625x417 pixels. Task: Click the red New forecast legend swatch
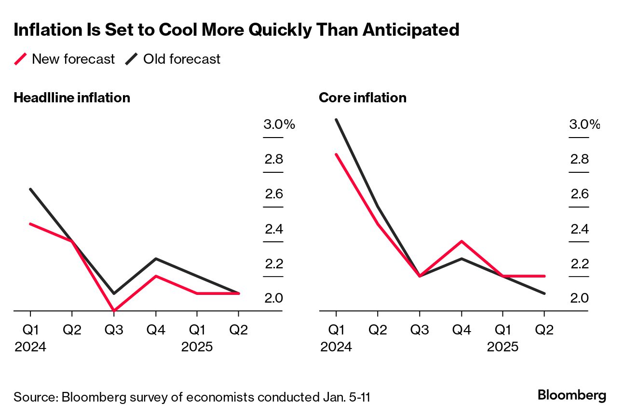pyautogui.click(x=21, y=59)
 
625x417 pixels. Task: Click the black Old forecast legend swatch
pyautogui.click(x=132, y=59)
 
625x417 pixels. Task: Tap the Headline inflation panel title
pyautogui.click(x=72, y=97)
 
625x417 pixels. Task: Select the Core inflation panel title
pyautogui.click(x=362, y=97)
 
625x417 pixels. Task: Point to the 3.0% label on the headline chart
pyautogui.click(x=279, y=125)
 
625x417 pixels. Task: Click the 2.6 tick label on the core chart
pyautogui.click(x=579, y=194)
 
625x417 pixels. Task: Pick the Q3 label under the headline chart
pyautogui.click(x=114, y=330)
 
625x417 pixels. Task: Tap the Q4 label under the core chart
pyautogui.click(x=462, y=330)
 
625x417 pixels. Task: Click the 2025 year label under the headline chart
pyautogui.click(x=197, y=347)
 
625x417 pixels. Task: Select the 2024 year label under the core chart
pyautogui.click(x=336, y=347)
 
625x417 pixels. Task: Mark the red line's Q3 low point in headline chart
pyautogui.click(x=114, y=310)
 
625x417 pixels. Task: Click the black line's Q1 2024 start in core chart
pyautogui.click(x=337, y=120)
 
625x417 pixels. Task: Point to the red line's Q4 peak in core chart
pyautogui.click(x=462, y=241)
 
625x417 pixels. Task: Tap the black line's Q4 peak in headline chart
pyautogui.click(x=155, y=259)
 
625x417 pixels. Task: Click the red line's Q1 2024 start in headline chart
pyautogui.click(x=31, y=224)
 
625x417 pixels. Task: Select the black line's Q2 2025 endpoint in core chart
pyautogui.click(x=544, y=293)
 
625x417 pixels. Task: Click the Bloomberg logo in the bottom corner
pyautogui.click(x=571, y=395)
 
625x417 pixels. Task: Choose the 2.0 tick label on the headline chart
pyautogui.click(x=274, y=298)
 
